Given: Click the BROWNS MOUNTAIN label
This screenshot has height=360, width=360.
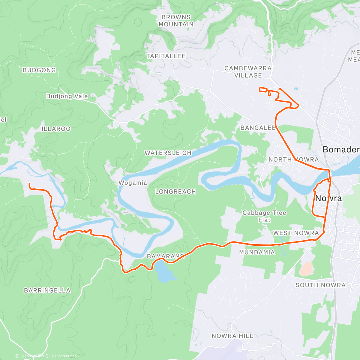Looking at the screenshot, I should [176, 21].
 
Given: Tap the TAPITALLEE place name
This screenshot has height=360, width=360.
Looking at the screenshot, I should [166, 56].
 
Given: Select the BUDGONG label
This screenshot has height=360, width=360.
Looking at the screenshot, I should [39, 70].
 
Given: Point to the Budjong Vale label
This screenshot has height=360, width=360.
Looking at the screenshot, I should [67, 96].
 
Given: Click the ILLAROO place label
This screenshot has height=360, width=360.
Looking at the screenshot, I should [56, 129].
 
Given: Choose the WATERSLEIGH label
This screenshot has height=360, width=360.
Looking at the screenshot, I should [168, 153].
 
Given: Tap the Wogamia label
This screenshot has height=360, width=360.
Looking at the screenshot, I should [133, 183].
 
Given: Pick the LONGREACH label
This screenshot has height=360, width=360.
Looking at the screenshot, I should [175, 192].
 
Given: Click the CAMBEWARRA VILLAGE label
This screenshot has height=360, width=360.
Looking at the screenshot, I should [248, 72].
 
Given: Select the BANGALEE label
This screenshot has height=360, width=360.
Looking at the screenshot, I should [258, 128].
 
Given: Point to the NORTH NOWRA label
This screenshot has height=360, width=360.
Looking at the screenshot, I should [293, 160].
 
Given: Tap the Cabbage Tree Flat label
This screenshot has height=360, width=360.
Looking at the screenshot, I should [264, 216].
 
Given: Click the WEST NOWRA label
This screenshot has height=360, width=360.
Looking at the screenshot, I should [296, 233].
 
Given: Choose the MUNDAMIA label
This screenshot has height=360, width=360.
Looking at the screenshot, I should [257, 253].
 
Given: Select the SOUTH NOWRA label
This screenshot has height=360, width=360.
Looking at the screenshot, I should [321, 285].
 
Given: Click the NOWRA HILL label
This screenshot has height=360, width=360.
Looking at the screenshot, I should [232, 336].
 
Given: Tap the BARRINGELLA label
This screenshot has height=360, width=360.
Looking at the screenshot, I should [47, 291].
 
